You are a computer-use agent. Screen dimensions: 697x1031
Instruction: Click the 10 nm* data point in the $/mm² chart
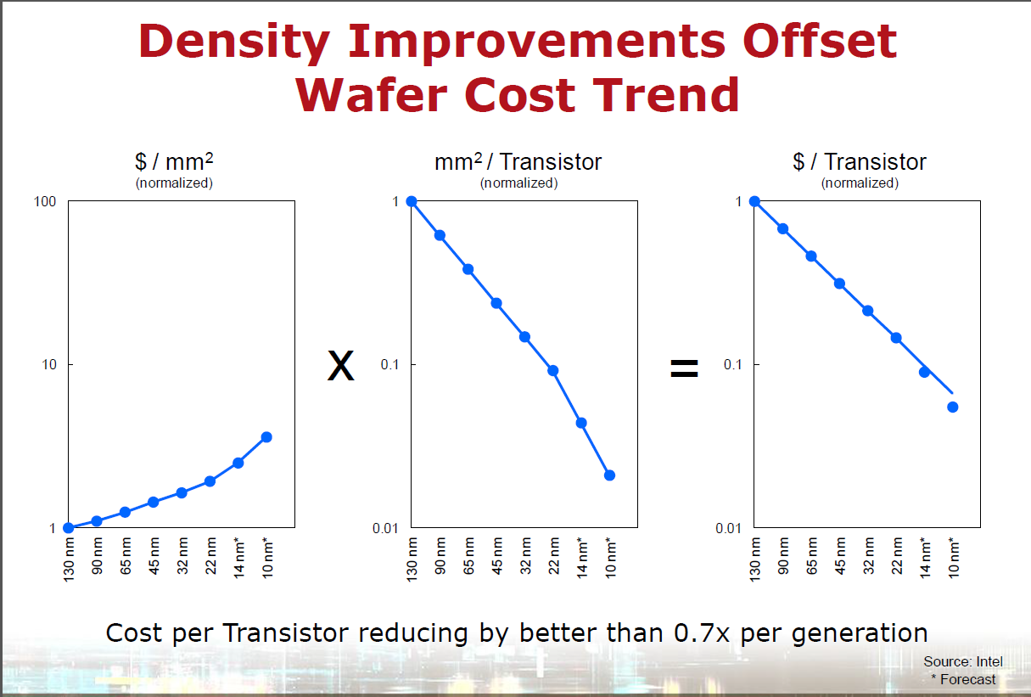(266, 437)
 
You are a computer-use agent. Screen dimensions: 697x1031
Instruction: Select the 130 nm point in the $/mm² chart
(69, 528)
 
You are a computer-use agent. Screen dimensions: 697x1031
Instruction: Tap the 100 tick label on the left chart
(45, 202)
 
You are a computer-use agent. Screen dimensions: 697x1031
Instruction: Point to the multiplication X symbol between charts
(340, 366)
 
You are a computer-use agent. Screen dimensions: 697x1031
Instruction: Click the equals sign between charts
(684, 368)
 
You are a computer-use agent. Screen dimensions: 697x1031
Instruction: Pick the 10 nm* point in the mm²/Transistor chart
(609, 475)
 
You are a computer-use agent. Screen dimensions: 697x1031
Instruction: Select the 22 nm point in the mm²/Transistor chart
(553, 371)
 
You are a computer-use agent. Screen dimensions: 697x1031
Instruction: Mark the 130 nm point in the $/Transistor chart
(754, 201)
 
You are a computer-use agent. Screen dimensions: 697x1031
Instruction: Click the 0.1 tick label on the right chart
(732, 365)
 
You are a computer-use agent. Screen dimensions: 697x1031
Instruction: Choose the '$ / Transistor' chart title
(859, 162)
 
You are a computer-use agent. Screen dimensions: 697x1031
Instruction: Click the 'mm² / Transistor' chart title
(518, 162)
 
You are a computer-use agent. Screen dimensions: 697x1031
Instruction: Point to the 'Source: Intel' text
(963, 661)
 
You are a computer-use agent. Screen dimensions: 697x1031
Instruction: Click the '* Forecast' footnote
(963, 679)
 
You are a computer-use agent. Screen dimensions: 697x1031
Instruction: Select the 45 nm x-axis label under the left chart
(154, 556)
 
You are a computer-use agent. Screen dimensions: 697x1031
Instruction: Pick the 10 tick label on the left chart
(48, 365)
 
